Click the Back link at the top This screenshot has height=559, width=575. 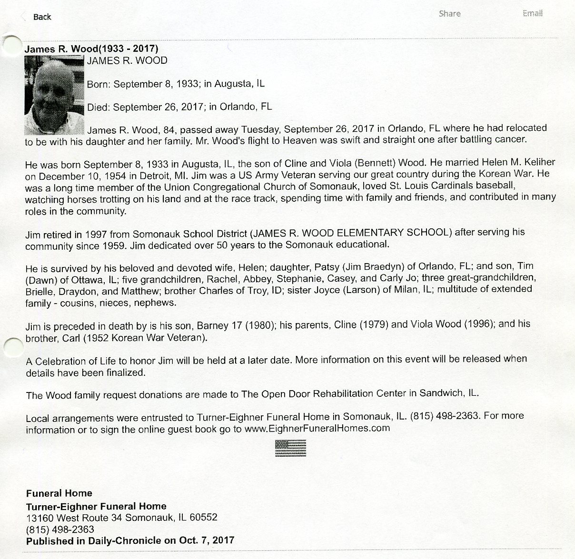[41, 17]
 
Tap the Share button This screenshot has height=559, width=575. [449, 14]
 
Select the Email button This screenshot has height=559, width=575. [532, 13]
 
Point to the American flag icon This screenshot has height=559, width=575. [290, 448]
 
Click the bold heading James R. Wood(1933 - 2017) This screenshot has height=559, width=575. [91, 49]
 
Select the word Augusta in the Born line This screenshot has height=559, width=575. [234, 84]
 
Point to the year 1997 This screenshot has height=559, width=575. [97, 234]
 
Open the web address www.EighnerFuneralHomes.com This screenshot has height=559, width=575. [317, 428]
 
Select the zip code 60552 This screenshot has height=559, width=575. [203, 517]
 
